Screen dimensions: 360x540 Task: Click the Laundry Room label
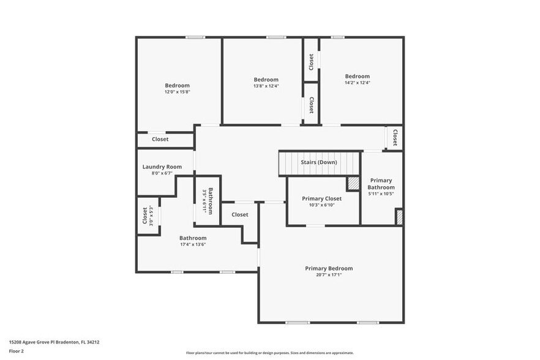coord(162,167)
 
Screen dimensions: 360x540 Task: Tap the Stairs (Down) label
coord(318,162)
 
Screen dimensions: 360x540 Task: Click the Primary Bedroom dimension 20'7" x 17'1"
coord(329,275)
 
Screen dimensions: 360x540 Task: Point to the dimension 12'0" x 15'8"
coord(177,92)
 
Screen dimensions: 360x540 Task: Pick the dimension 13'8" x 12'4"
coord(266,86)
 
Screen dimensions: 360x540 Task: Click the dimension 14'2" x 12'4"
coord(358,83)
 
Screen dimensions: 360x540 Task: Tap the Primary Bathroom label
coord(381,184)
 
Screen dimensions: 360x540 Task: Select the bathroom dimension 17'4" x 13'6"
coord(192,244)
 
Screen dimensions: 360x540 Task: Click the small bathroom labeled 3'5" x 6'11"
coord(208,200)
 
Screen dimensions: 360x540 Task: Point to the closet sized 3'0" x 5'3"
coord(148,216)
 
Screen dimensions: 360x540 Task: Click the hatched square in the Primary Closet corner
coord(353,183)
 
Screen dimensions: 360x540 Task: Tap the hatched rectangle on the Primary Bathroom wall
coord(399,217)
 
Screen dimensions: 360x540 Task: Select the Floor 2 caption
coord(17,351)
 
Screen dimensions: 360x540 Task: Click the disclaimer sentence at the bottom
coord(269,353)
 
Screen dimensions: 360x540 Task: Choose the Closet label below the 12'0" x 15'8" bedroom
coord(160,139)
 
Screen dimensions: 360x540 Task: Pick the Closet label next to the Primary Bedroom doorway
coord(239,214)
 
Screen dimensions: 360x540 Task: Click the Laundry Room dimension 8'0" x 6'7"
coord(162,173)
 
